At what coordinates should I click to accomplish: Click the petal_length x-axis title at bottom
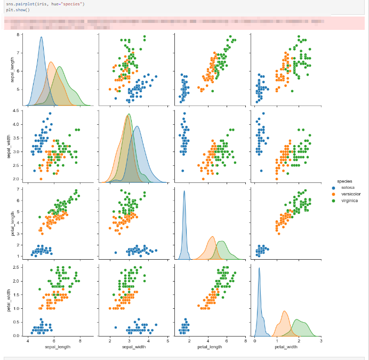pyautogui.click(x=210, y=347)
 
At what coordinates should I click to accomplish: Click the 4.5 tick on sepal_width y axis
pyautogui.click(x=15, y=110)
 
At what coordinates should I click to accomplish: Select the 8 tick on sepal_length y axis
pyautogui.click(x=18, y=35)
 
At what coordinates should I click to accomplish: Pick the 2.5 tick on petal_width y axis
pyautogui.click(x=15, y=267)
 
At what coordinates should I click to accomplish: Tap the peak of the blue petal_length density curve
pyautogui.click(x=184, y=191)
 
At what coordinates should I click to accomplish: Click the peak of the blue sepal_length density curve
pyautogui.click(x=41, y=37)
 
